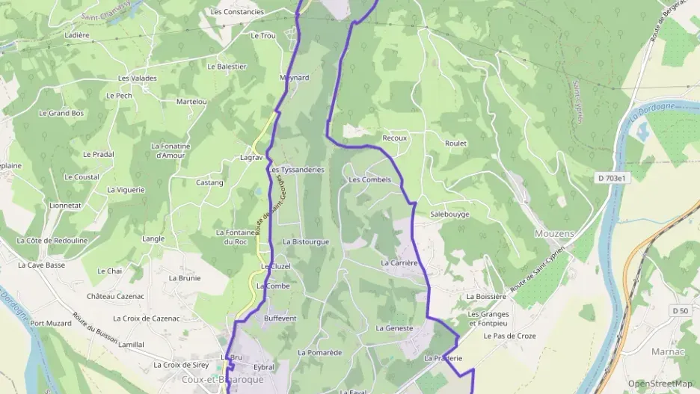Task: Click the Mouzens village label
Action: coord(554,233)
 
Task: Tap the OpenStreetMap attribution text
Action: coord(660,384)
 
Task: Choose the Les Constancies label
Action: coord(237,12)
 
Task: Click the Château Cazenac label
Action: coord(115,296)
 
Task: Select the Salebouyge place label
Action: coord(449,214)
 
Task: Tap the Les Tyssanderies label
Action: coord(296,170)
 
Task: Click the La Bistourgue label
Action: coord(306,241)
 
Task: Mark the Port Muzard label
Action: coord(51,323)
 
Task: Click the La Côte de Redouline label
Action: coord(52,240)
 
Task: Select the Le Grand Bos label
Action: coord(61,113)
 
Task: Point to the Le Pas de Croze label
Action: coord(509,336)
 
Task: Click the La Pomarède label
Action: coord(319,352)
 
